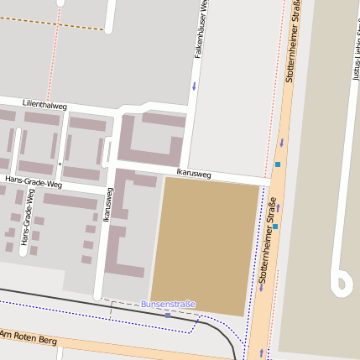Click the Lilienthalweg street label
coord(44,104)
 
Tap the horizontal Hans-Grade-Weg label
coord(34,182)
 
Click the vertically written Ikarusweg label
coord(107,204)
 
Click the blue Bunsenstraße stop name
coord(168,304)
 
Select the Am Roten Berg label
coord(29,337)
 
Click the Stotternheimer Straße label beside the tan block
coord(268,239)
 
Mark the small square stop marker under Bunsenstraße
coord(168,315)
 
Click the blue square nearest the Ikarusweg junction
coord(277,164)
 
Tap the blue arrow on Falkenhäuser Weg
coord(195,86)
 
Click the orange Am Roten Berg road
coord(126,346)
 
